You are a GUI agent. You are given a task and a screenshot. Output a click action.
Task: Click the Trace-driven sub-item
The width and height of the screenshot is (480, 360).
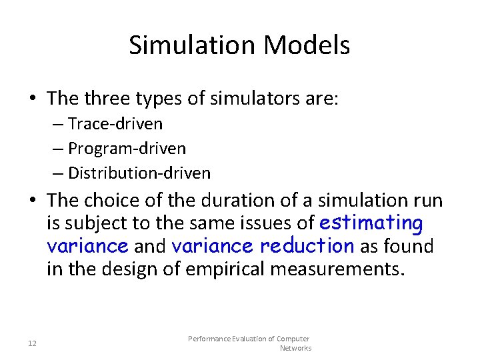115,124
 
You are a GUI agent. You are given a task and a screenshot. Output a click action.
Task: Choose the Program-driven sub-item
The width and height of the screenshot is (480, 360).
127,149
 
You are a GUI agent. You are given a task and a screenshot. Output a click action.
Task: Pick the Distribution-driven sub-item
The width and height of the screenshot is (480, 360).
139,173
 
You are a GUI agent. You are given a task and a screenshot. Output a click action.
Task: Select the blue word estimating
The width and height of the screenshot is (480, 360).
371,223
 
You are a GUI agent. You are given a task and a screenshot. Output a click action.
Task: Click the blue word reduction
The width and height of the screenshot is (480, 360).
307,246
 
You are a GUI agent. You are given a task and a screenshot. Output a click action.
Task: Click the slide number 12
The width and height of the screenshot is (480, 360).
32,343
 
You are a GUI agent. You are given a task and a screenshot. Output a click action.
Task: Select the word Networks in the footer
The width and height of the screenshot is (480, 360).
295,348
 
